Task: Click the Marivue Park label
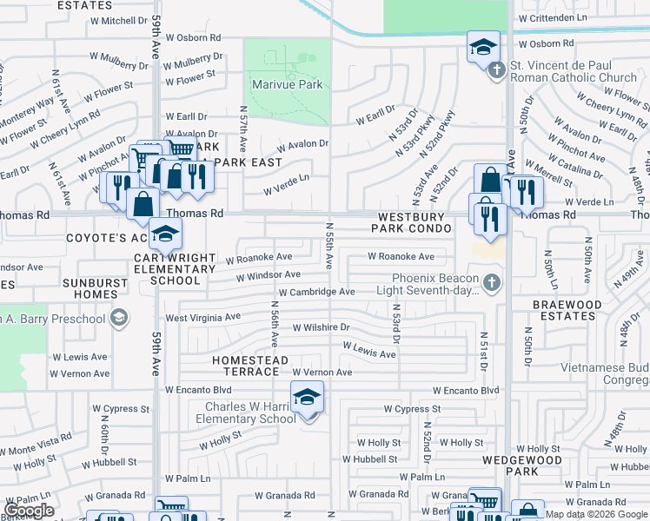pos(287,84)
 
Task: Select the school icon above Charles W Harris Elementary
pos(307,397)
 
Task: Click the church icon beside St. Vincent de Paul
pos(497,70)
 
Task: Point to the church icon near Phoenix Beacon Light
pos(492,283)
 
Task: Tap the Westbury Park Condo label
pos(413,222)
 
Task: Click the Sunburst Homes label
pos(83,288)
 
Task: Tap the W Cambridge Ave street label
pos(316,292)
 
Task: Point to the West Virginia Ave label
pos(202,318)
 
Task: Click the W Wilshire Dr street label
pos(321,327)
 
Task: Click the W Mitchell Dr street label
pos(95,20)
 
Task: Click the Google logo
pos(29,511)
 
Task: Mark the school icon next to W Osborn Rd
pos(483,48)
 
